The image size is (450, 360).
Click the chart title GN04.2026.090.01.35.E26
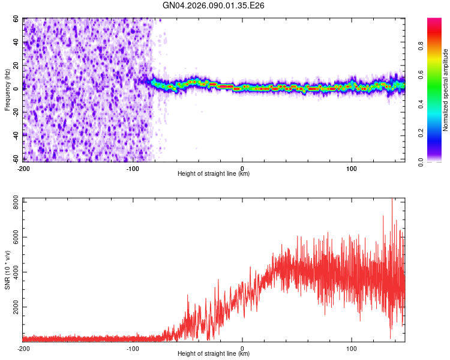[x=214, y=5]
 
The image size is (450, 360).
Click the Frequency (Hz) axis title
[x=7, y=90]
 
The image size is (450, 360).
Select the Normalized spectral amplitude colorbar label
[x=445, y=90]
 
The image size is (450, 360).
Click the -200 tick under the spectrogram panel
[x=23, y=167]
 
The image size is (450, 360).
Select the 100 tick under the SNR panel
[x=352, y=347]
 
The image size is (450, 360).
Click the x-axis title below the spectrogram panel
[x=214, y=174]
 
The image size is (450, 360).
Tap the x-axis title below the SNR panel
[x=214, y=354]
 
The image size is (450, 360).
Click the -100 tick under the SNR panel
[x=133, y=347]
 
